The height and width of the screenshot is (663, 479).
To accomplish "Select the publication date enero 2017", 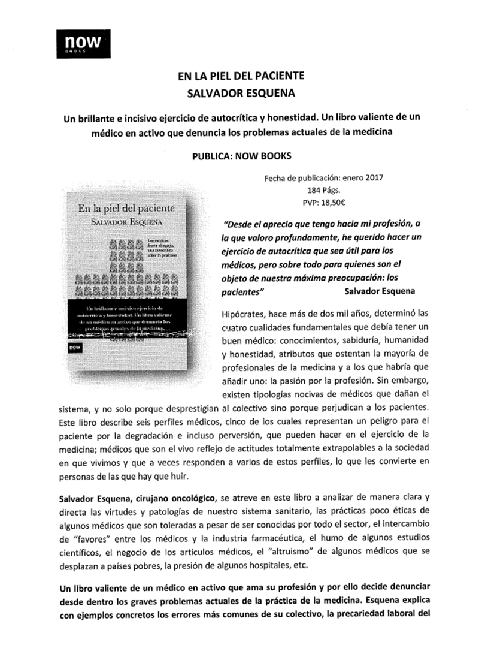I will [362, 177].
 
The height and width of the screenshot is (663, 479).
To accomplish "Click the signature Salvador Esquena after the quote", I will [381, 291].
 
